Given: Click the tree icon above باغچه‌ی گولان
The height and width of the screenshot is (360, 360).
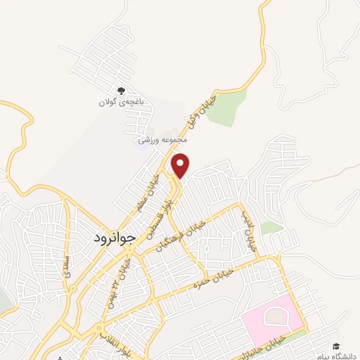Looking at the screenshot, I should [121, 91].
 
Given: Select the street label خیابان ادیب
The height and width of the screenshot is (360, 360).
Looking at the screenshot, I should [247, 233].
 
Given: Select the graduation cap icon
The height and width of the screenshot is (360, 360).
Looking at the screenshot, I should [336, 346].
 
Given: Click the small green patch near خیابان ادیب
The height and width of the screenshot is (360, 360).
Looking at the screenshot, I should [271, 227].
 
